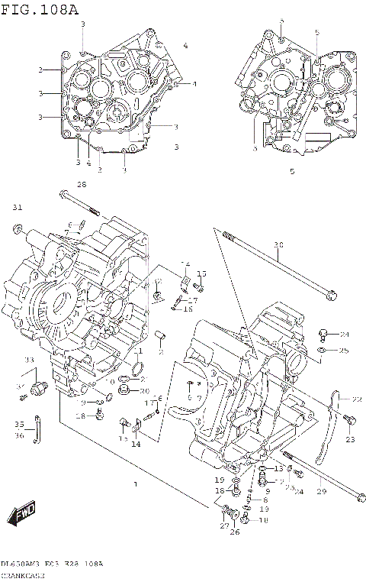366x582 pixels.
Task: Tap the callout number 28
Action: pos(82,184)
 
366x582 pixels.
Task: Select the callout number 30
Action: pos(278,245)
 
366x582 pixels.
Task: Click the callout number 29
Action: pos(321,492)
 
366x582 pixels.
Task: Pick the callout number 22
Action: pos(356,399)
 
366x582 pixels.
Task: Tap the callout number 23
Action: pos(350,439)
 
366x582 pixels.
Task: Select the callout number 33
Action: pos(28,360)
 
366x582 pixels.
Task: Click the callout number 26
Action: pos(234,532)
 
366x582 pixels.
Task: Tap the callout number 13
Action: pos(279,468)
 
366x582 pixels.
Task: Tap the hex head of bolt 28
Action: pos(59,195)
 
